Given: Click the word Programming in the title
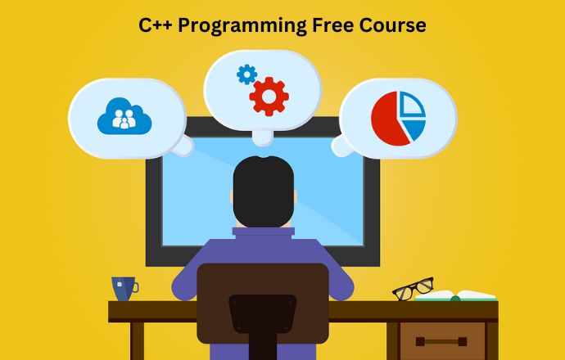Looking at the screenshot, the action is (x=242, y=26).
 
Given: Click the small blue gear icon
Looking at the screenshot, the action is (x=246, y=74).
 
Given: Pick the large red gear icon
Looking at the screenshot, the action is (x=269, y=97).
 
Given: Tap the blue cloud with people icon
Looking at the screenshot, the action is (x=124, y=116).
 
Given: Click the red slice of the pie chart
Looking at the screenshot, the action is (x=390, y=119).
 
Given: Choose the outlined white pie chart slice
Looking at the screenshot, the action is (x=412, y=104).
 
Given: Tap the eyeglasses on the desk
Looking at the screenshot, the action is (x=413, y=288).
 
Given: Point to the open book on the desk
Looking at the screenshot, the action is (x=455, y=295).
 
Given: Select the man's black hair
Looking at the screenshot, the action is (x=264, y=191).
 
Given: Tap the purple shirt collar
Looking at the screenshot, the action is (x=264, y=233).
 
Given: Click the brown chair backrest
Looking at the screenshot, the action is (x=263, y=303).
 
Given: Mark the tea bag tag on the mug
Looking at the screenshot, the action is (x=120, y=285).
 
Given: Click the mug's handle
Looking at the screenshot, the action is (x=135, y=288).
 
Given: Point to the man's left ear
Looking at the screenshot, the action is (x=232, y=197).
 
